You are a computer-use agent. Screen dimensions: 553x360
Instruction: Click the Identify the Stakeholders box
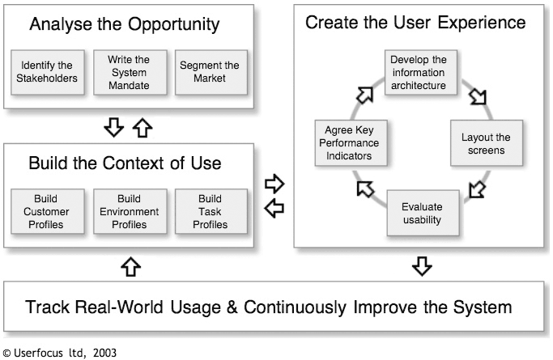[48, 72]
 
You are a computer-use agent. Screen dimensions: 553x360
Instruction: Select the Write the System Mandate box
[130, 72]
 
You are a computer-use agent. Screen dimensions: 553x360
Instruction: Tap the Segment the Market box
[211, 72]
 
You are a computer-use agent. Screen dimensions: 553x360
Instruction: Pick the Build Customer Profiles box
[48, 211]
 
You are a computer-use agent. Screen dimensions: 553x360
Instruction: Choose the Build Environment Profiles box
[130, 211]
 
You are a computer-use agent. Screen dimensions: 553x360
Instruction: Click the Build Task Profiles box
[211, 211]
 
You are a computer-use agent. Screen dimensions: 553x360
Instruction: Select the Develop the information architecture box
[421, 72]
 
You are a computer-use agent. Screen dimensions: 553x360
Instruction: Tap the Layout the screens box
[487, 143]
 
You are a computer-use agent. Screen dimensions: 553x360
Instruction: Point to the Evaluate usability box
[423, 213]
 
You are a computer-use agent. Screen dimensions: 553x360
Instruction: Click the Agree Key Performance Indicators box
[351, 143]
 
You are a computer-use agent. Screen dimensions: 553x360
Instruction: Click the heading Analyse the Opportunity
[125, 24]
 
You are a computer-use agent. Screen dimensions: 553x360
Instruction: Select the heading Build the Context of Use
[125, 163]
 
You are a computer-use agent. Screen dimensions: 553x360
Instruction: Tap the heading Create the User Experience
[415, 23]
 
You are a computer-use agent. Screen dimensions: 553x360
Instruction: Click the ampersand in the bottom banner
[232, 307]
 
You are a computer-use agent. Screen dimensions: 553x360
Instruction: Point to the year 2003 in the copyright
[104, 353]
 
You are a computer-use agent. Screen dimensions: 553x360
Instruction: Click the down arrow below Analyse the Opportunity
[114, 127]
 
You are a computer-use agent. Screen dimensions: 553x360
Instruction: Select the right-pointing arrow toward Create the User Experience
[274, 184]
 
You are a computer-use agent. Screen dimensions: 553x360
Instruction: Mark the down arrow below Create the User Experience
[422, 266]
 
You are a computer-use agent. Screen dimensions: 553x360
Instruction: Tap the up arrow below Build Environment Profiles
[131, 266]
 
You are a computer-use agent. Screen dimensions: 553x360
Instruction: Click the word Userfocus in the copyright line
[38, 353]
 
